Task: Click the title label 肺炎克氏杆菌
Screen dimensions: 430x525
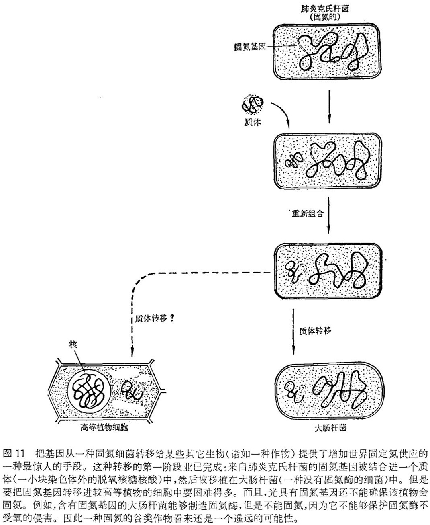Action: (x=325, y=9)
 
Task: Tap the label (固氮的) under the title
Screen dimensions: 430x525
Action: (x=325, y=18)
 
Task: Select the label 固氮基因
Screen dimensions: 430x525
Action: (x=250, y=47)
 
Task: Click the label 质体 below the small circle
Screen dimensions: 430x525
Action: (x=253, y=123)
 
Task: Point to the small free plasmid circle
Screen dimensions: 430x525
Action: (x=252, y=104)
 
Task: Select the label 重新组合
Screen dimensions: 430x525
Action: (x=308, y=214)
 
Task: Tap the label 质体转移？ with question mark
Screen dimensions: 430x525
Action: (x=155, y=318)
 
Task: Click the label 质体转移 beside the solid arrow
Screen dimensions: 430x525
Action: (x=315, y=331)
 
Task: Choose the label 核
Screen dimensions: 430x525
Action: (x=73, y=345)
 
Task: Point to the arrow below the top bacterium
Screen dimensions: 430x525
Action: (x=329, y=107)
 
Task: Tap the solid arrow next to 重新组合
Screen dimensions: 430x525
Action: (x=328, y=215)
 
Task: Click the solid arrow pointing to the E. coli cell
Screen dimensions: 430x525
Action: (x=293, y=332)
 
